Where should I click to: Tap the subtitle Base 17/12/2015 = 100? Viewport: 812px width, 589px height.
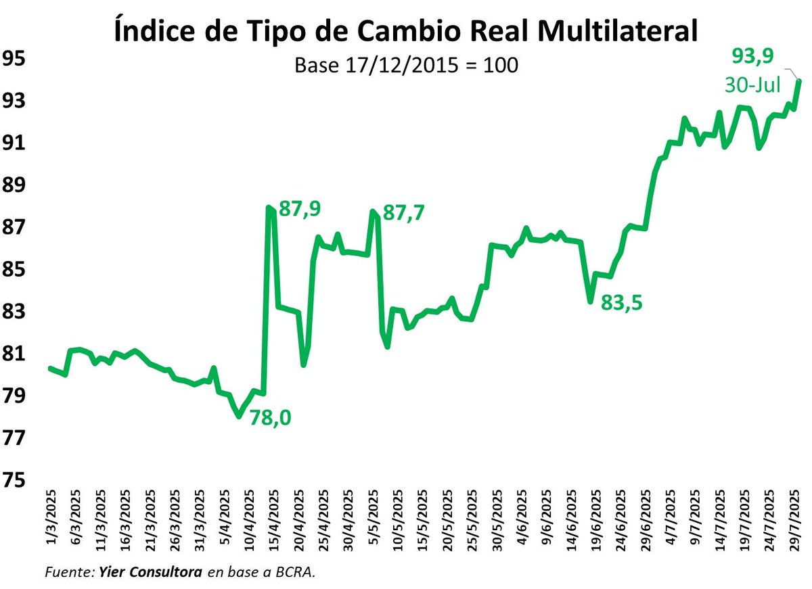(407, 66)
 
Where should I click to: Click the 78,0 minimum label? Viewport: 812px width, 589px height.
(270, 418)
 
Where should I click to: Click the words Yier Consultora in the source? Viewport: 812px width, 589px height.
(150, 572)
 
